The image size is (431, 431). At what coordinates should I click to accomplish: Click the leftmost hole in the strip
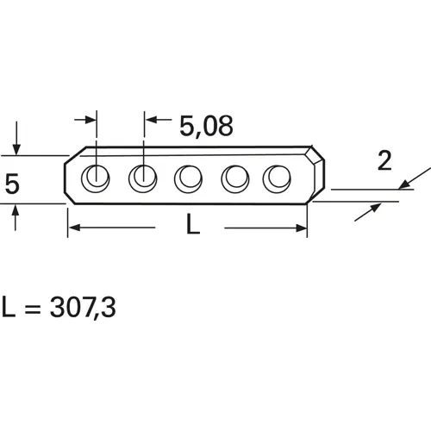click(x=95, y=178)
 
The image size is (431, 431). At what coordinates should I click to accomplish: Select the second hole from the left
click(x=141, y=178)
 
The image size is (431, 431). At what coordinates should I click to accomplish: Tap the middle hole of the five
click(x=188, y=178)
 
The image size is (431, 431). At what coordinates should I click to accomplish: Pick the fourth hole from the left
click(x=234, y=178)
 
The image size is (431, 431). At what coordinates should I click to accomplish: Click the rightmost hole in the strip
click(x=278, y=178)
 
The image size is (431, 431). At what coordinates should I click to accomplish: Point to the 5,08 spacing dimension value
click(x=206, y=127)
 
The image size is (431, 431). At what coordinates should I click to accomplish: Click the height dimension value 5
click(x=12, y=184)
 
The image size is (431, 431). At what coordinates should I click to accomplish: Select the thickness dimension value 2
click(x=385, y=159)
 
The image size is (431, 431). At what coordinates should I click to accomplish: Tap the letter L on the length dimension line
click(x=193, y=227)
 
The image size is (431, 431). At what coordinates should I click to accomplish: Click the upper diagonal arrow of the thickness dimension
click(x=407, y=182)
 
